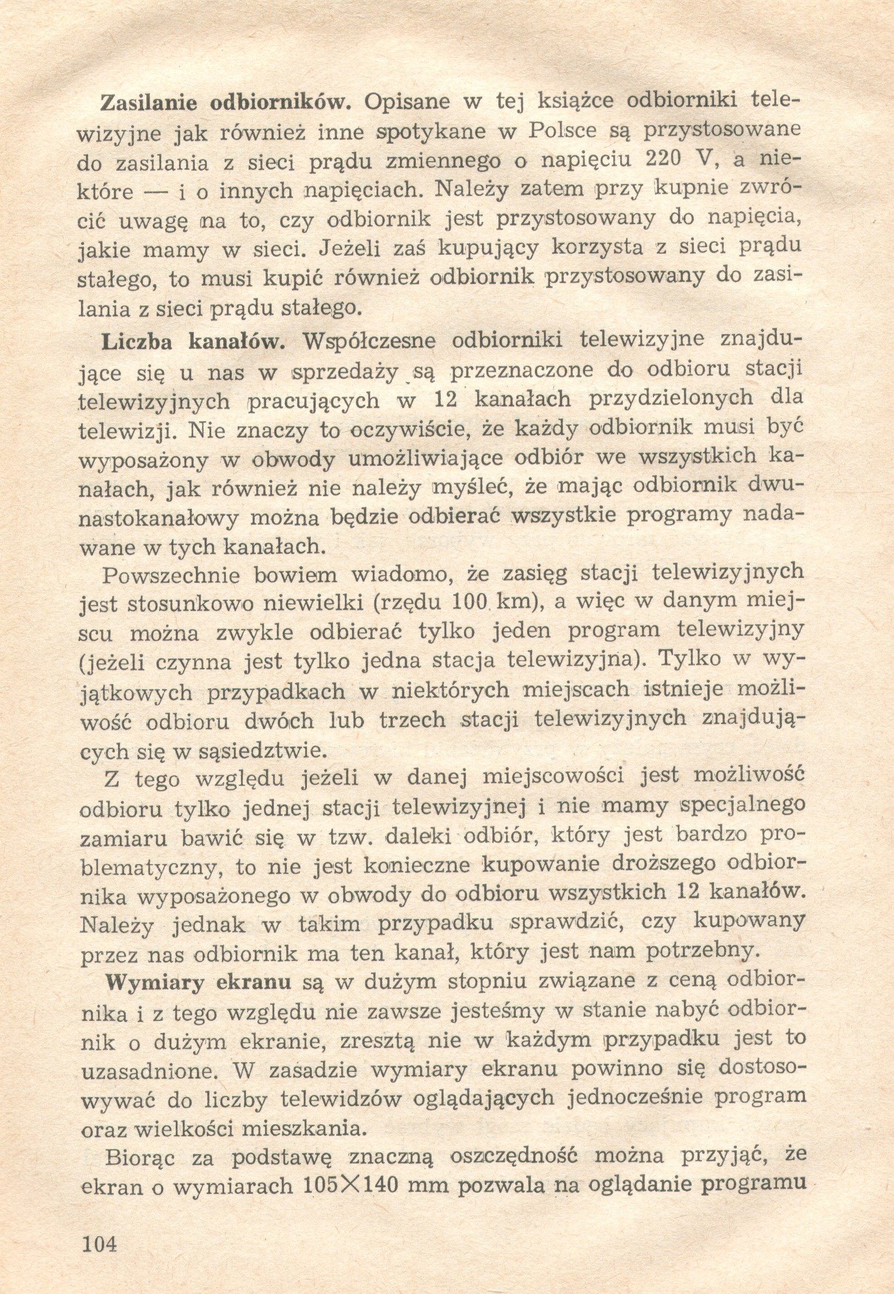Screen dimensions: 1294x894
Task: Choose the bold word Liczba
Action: (137, 342)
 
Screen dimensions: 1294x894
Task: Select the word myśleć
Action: (472, 488)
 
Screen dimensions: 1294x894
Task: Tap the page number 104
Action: (99, 1244)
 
